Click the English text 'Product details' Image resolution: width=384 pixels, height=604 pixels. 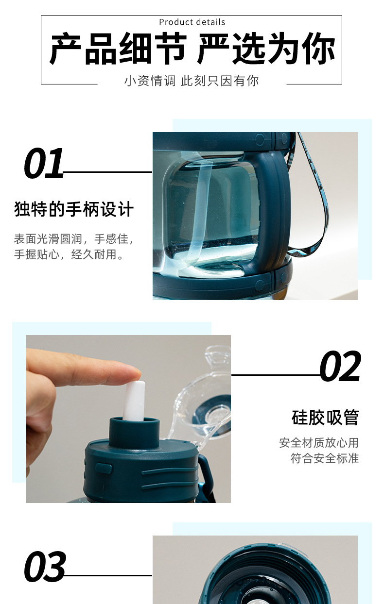click(x=192, y=22)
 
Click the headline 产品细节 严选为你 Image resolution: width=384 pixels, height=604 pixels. click(x=192, y=49)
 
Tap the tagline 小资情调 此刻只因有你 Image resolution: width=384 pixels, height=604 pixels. click(x=192, y=81)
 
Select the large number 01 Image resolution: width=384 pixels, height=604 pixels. click(x=44, y=164)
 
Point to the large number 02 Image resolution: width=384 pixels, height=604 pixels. click(x=340, y=367)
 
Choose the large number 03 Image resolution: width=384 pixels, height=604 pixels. click(x=45, y=567)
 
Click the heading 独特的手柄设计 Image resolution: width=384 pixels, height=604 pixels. click(x=73, y=210)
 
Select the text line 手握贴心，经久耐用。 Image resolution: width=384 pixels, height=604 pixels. click(x=69, y=254)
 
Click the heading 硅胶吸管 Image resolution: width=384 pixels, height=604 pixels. click(x=325, y=417)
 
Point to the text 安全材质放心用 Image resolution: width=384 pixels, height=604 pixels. click(x=318, y=442)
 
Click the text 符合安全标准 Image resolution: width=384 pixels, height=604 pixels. click(x=324, y=458)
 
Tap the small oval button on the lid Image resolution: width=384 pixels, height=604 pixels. click(x=103, y=468)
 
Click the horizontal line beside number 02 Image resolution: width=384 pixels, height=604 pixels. click(x=275, y=375)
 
